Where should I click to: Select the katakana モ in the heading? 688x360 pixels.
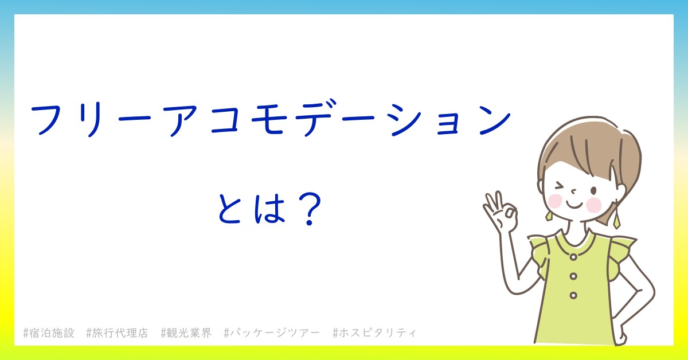coord(267,120)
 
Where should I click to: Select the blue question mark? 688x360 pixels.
coord(309,209)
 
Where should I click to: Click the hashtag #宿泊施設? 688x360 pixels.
coord(49,333)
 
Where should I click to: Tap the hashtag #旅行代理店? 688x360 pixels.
coord(118,333)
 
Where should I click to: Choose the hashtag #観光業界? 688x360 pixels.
coord(186,333)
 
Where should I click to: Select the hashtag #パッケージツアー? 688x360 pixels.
coord(272,333)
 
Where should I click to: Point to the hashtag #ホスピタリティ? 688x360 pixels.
coord(374,333)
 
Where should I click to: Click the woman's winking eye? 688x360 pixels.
coord(560,186)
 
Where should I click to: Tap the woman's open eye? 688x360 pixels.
coord(594,191)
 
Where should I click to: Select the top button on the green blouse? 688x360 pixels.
coord(573,257)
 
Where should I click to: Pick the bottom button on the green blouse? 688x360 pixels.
coord(573,295)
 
